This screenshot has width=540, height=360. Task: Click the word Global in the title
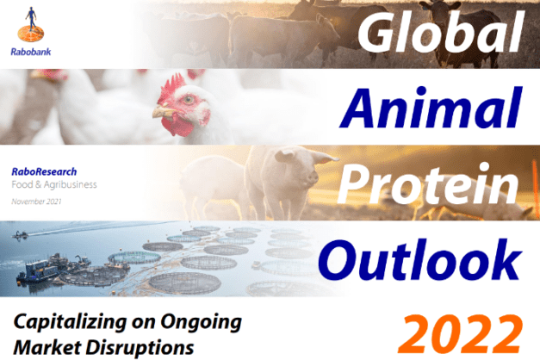pos(440,32)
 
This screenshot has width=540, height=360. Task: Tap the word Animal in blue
pos(430,108)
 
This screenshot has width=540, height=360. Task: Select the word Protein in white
pos(428,184)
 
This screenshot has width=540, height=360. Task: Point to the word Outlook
pos(419,259)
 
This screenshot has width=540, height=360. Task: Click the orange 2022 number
pos(459,334)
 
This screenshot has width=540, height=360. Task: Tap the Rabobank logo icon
pos(31,23)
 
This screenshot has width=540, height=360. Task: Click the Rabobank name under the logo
pos(31,52)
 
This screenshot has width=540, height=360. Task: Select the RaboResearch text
pos(44,171)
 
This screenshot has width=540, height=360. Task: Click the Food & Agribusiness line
pos(54,184)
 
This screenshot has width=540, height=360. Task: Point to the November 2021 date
pos(36,202)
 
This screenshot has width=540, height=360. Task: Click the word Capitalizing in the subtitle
pos(70,323)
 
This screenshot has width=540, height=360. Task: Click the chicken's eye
pos(189,100)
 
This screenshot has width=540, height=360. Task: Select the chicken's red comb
pos(171,89)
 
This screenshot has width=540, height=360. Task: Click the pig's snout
pos(313,177)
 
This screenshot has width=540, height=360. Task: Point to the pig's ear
pos(325,158)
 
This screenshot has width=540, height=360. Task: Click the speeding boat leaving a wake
pos(20,235)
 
